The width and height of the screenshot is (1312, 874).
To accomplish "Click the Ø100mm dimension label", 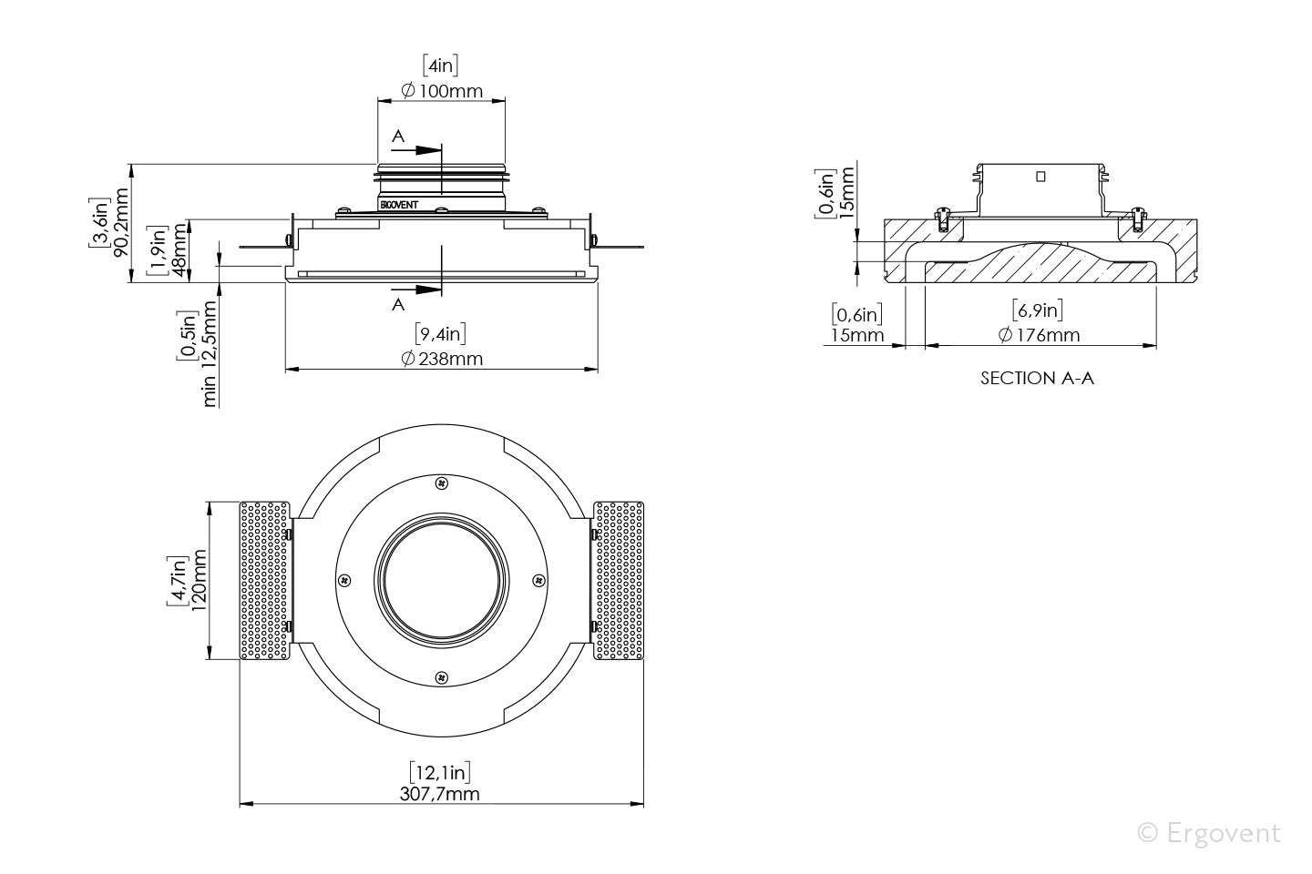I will [442, 91].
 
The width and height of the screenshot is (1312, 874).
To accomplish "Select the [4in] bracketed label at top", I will [441, 66].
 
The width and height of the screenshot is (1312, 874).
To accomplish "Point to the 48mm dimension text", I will [179, 251].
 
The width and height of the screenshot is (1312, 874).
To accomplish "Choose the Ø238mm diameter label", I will [442, 358].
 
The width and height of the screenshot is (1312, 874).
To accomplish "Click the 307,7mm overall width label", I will [440, 794].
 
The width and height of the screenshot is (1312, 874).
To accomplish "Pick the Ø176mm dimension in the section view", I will [1039, 335].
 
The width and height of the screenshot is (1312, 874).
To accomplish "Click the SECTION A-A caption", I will [1037, 378].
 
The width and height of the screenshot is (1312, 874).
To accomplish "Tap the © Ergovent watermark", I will [1209, 832].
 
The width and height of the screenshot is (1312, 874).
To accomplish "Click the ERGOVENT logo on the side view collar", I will [398, 205].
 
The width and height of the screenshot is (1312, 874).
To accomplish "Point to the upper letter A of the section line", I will [397, 136].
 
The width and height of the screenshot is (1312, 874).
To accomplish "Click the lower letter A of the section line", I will [397, 305].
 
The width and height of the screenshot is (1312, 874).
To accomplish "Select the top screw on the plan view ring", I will [442, 482].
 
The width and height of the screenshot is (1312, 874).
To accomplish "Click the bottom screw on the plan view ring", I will [442, 676].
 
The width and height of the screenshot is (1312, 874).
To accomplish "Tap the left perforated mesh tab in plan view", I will [265, 580].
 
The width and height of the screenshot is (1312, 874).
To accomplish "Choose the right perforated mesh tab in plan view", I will [619, 580].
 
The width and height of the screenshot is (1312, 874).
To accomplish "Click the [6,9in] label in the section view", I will [1038, 310].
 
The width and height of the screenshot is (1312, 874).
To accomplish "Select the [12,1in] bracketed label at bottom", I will [440, 772].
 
